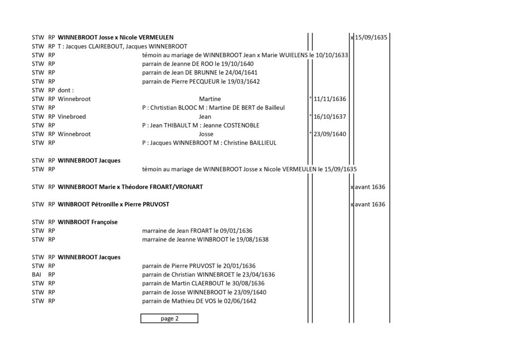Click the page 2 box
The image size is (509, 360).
(169, 318)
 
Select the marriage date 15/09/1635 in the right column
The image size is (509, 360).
(371, 37)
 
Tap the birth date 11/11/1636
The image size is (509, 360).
(330, 99)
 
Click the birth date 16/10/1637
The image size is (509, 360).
(330, 116)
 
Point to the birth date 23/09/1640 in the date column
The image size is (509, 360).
(330, 134)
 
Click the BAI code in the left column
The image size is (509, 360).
(36, 274)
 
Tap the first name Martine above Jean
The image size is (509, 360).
(210, 99)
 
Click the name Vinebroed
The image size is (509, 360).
(72, 116)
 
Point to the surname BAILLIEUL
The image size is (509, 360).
(263, 143)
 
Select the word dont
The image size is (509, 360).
(64, 90)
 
